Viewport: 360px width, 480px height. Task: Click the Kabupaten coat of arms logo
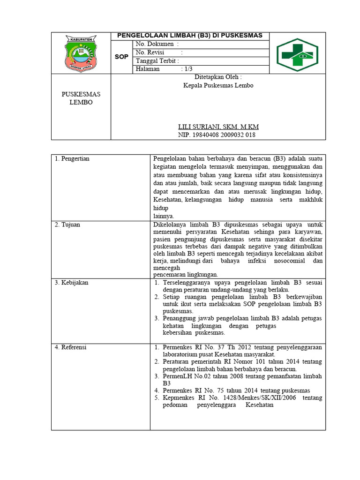[x=81, y=52]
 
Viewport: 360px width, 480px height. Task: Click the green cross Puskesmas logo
[x=297, y=55]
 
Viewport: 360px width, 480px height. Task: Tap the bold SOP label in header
[x=121, y=57]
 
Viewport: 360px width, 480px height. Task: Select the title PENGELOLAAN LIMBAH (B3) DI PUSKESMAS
[x=189, y=36]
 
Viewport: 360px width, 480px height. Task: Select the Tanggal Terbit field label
[x=157, y=61]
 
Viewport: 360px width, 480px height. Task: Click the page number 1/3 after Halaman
[x=188, y=69]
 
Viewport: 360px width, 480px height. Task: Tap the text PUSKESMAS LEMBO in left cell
[x=81, y=98]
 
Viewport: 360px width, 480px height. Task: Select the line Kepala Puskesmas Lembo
[x=218, y=86]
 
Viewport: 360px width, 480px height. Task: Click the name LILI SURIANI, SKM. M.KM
[x=218, y=127]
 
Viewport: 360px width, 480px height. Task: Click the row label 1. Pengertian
[x=72, y=159]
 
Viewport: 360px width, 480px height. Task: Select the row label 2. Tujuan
[x=67, y=225]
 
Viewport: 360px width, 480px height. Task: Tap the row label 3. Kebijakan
[x=72, y=283]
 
